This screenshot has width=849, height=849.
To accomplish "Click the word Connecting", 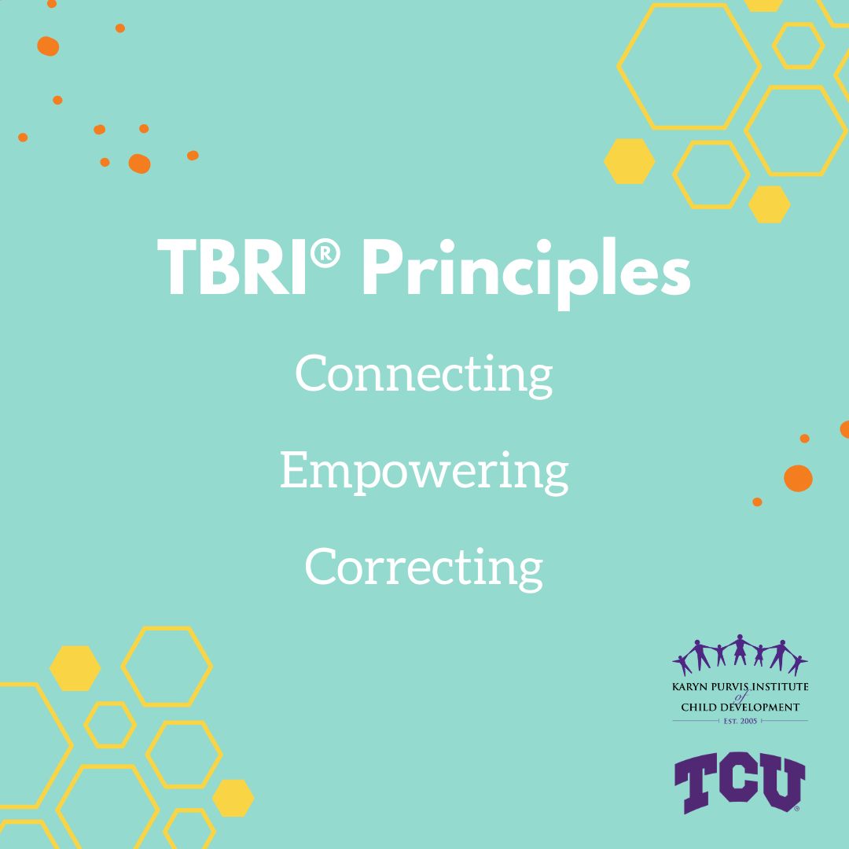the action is point(424,376).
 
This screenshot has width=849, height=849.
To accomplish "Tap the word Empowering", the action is point(424,472).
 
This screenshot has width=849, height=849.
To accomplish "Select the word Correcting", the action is point(424,568).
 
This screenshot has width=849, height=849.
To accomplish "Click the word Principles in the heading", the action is point(526,273).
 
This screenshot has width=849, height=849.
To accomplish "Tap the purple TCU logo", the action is point(740,783).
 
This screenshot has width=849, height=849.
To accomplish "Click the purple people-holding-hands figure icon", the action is point(740,655).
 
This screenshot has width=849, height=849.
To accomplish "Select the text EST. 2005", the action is point(741,721).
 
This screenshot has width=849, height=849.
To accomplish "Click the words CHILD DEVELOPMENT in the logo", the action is point(741,707).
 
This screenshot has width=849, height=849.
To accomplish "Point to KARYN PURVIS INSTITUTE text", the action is point(741,686).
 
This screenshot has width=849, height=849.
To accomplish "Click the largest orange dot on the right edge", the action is point(798,478).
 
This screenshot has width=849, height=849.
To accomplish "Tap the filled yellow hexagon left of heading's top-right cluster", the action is point(629,161).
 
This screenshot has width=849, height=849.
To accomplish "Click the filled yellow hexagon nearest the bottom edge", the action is point(233,798).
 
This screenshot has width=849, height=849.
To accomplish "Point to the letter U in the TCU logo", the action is point(784,782).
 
